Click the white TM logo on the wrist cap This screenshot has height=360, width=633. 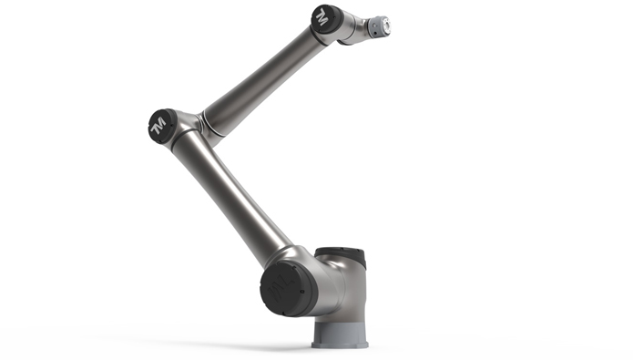(x=322, y=17)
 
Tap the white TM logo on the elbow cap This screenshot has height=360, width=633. (x=158, y=126)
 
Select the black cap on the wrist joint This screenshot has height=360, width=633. (x=327, y=20)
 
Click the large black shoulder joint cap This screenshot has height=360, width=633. (x=288, y=289)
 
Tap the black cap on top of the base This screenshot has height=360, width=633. (x=342, y=256)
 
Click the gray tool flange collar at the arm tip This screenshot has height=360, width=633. (x=377, y=27)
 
